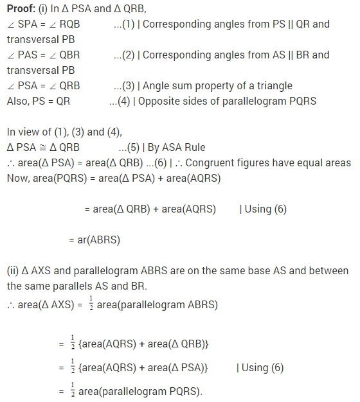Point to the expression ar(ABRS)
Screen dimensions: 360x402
coord(94,240)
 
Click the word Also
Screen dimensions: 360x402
coord(18,101)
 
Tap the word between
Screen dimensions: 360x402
coord(327,270)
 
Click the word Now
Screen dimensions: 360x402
coord(18,178)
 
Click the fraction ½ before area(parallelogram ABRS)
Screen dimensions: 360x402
coord(91,303)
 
